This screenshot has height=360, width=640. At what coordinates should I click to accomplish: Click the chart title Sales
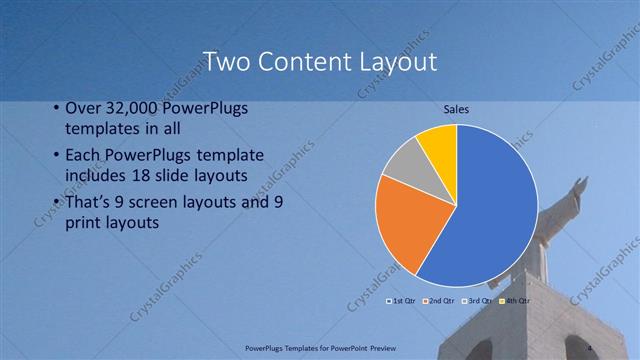tap(456, 109)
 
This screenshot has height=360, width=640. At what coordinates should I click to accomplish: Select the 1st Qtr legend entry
tap(401, 300)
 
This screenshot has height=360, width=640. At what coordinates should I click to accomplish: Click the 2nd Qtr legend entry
tap(439, 300)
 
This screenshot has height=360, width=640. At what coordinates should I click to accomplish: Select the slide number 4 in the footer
tap(589, 347)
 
